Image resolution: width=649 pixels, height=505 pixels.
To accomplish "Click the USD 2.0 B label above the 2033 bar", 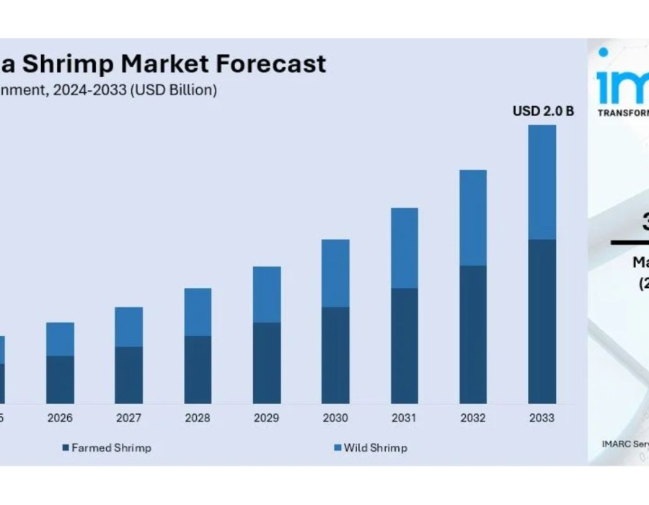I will (x=543, y=111).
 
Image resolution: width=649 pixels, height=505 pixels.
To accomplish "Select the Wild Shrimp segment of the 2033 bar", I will (x=542, y=182).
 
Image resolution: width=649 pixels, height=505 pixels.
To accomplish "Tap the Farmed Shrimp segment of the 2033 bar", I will (x=542, y=321).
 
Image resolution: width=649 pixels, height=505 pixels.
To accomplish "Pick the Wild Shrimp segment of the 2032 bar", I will (x=473, y=218).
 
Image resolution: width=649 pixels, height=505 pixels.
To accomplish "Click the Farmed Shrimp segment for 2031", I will (x=405, y=346).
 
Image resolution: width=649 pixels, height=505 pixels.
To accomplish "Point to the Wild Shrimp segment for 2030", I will (x=335, y=273).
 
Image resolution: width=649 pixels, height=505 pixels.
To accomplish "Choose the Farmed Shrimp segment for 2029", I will (x=267, y=363).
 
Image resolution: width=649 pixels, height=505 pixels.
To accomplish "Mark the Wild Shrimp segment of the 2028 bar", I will (x=198, y=312).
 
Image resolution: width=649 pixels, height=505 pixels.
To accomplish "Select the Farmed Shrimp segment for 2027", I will (x=129, y=375).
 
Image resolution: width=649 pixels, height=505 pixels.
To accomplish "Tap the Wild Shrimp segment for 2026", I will (x=60, y=339).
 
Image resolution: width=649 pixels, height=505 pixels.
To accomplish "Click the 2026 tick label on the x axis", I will (x=60, y=418).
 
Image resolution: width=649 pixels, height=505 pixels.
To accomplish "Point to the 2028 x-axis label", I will (x=198, y=418).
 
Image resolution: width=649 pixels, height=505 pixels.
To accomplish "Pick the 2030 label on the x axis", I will (x=335, y=418).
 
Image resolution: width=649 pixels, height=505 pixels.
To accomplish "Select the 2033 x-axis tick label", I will (x=542, y=418).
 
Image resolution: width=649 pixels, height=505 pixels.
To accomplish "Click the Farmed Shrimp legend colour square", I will (x=66, y=448).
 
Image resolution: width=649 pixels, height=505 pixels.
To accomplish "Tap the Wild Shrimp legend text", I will (x=375, y=448).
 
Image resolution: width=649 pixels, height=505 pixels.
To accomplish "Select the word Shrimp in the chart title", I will (x=68, y=64).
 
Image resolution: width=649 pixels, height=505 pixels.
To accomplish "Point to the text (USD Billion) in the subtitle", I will (x=173, y=90).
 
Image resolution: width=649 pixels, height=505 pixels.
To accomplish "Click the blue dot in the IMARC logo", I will (x=603, y=52).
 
